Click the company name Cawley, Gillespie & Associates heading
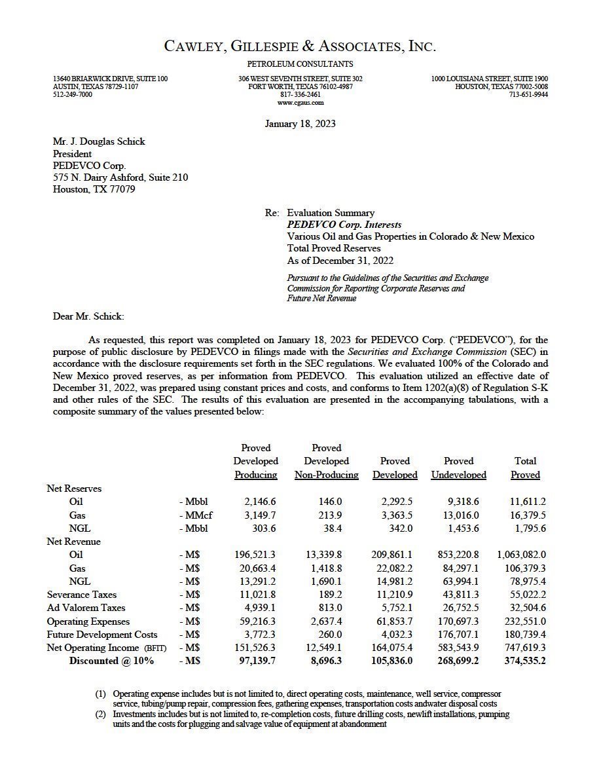(x=300, y=46)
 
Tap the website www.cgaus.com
(x=300, y=103)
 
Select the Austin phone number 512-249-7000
(x=73, y=95)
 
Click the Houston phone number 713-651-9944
(x=528, y=95)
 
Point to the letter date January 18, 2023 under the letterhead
(x=300, y=124)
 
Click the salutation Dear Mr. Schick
(x=88, y=316)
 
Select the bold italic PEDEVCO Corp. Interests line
(x=344, y=225)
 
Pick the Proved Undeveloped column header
(x=458, y=468)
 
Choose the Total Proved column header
(x=525, y=468)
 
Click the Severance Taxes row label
(x=82, y=595)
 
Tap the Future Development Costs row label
(x=102, y=635)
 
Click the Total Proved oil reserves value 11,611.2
(x=528, y=502)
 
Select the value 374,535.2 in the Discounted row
(x=524, y=661)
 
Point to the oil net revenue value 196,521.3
(x=255, y=555)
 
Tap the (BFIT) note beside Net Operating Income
(x=156, y=648)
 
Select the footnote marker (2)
(x=100, y=714)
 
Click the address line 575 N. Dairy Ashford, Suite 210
(x=120, y=177)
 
